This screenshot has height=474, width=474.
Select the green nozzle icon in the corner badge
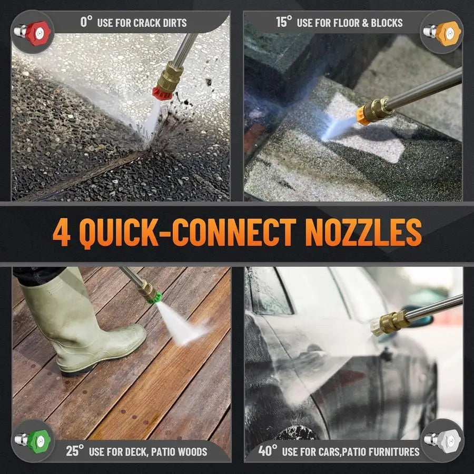pyautogui.click(x=32, y=441)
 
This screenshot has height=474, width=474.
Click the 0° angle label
pyautogui.click(x=86, y=22)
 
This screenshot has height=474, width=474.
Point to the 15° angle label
pyautogui.click(x=284, y=22)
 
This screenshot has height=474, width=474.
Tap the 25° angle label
pyautogui.click(x=75, y=451)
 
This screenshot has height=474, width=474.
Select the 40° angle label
pyautogui.click(x=268, y=451)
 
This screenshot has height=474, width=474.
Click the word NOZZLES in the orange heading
pyautogui.click(x=363, y=232)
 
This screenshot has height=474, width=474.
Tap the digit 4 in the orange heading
pyautogui.click(x=62, y=232)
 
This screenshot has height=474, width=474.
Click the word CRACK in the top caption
pyautogui.click(x=147, y=23)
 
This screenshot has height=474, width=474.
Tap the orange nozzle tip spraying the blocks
pyautogui.click(x=361, y=115)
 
